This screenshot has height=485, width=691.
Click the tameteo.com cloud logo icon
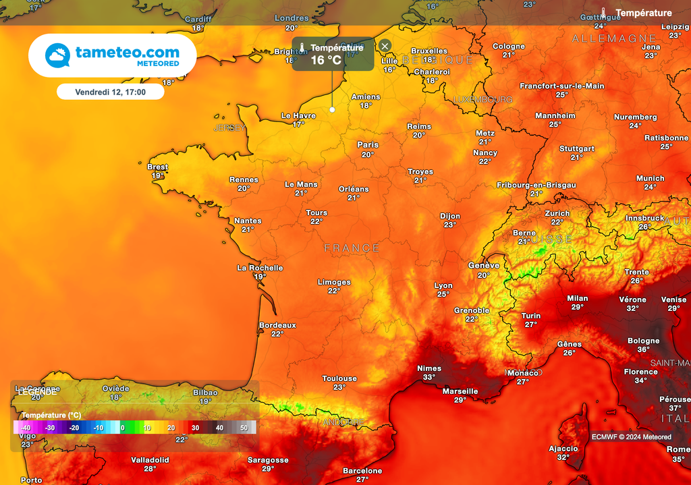click(x=58, y=55)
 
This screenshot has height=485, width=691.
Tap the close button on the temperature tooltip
click(x=385, y=46)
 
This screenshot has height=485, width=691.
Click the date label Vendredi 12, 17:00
click(x=110, y=91)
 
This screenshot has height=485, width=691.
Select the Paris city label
click(x=368, y=145)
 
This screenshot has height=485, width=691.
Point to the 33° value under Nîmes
click(x=429, y=377)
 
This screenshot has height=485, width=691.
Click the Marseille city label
click(x=460, y=391)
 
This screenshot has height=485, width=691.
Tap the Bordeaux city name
click(x=277, y=325)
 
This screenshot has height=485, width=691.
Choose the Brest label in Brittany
click(x=157, y=167)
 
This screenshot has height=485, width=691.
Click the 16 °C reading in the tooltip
click(x=326, y=60)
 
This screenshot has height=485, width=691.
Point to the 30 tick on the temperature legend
click(x=195, y=428)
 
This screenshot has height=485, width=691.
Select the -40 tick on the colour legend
click(x=26, y=428)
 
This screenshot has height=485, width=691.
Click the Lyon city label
click(x=443, y=286)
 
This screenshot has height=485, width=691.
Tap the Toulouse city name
click(x=339, y=378)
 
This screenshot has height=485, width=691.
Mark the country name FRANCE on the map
click(x=352, y=248)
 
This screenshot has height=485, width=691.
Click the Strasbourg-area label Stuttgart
click(x=577, y=148)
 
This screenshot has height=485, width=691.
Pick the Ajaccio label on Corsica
click(x=563, y=449)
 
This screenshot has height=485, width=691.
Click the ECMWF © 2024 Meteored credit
click(x=632, y=437)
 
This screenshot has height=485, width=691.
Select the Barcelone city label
click(x=362, y=471)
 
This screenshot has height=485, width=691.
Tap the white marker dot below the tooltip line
click(x=332, y=109)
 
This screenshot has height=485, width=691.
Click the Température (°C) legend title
click(x=51, y=415)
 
